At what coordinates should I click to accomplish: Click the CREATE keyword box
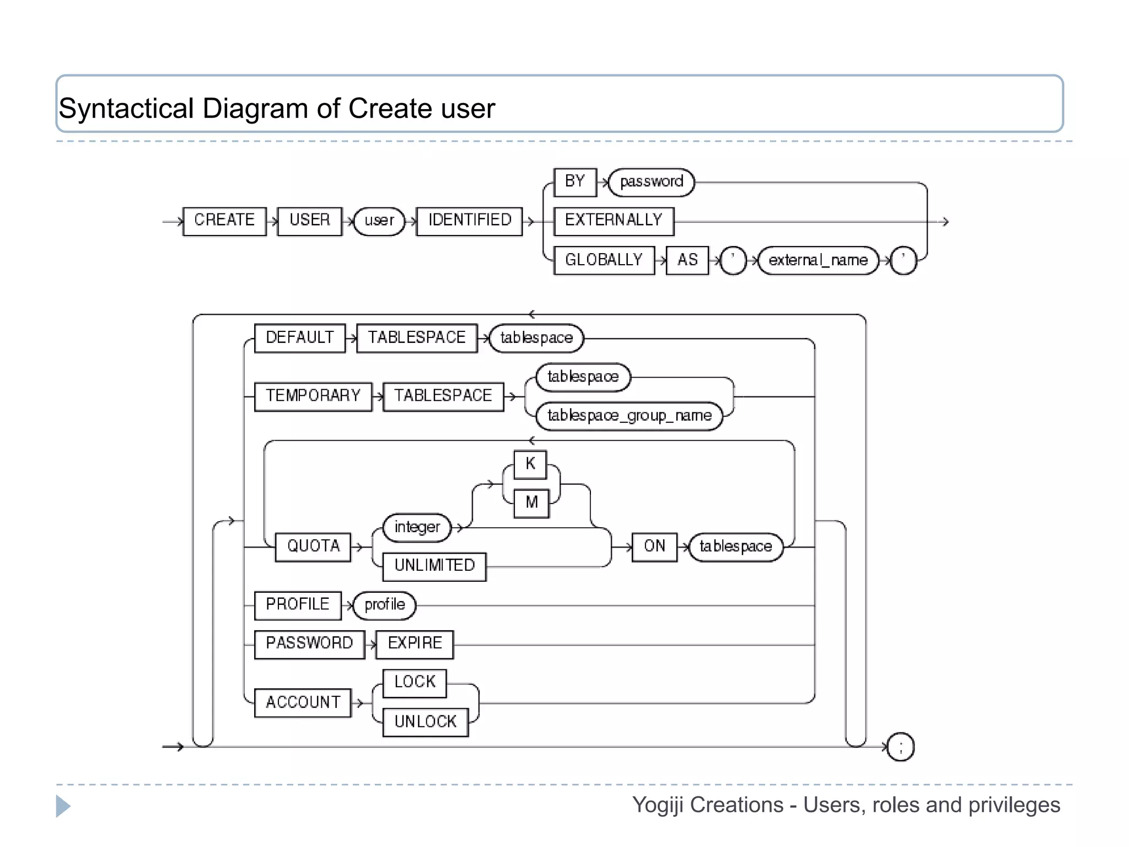[x=224, y=221]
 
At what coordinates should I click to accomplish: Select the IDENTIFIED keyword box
[x=469, y=221]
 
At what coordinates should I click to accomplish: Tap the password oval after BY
[x=651, y=182]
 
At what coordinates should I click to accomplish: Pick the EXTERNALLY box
[x=613, y=221]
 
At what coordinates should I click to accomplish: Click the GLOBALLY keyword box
[x=604, y=260]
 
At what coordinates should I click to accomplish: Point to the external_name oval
[x=818, y=260]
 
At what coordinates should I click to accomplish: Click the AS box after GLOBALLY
[x=687, y=260]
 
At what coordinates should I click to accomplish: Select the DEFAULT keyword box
[x=299, y=337]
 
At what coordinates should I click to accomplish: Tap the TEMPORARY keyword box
[x=313, y=396]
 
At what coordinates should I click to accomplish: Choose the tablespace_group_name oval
[x=629, y=416]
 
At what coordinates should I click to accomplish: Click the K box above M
[x=530, y=464]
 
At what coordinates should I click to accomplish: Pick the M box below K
[x=531, y=503]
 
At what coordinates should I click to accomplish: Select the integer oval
[x=417, y=527]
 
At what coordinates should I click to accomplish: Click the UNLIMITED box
[x=434, y=566]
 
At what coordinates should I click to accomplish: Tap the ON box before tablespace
[x=654, y=546]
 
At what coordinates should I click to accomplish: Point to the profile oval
[x=384, y=605]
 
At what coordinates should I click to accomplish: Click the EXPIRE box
[x=415, y=644]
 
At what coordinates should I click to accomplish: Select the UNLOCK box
[x=425, y=722]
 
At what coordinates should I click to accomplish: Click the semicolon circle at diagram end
[x=901, y=747]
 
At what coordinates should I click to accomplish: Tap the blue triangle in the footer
[x=62, y=806]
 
